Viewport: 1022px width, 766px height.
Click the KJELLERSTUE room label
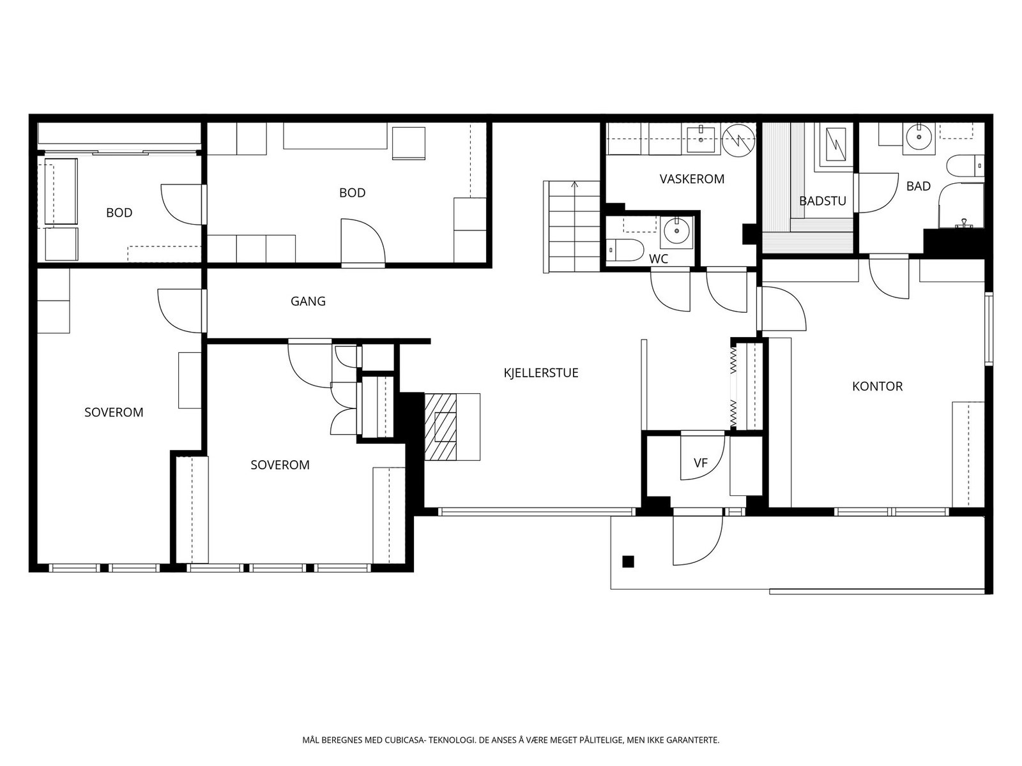point(541,373)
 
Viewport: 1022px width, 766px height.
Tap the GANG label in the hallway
point(308,301)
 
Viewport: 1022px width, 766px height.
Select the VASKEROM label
point(692,179)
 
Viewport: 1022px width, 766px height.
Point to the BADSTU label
point(823,201)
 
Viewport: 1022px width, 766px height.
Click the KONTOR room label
point(877,386)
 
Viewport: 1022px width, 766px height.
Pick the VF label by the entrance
point(701,463)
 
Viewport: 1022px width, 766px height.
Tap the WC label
point(659,259)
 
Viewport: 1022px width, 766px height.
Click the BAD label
point(918,186)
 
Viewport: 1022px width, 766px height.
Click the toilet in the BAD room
point(965,166)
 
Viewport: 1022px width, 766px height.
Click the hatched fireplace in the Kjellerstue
point(441,427)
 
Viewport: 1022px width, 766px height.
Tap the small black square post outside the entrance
point(628,562)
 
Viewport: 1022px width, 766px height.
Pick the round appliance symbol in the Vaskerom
point(738,140)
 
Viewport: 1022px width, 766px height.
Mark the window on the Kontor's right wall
point(989,329)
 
